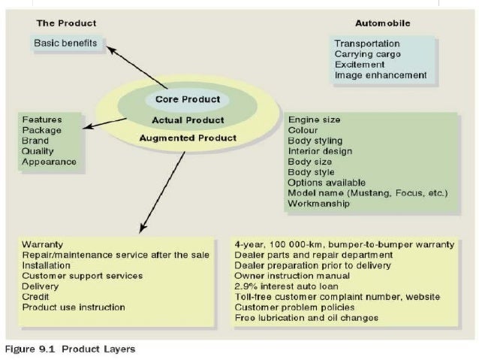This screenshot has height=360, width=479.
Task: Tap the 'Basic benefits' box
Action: click(x=65, y=43)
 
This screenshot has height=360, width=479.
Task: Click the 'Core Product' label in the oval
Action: click(x=188, y=99)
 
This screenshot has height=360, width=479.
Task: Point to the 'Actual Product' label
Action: click(x=188, y=120)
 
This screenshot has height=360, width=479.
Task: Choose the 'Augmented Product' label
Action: click(x=188, y=138)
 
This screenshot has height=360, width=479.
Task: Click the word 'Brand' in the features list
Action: click(x=35, y=141)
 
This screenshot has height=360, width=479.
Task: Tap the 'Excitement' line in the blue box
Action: click(x=360, y=65)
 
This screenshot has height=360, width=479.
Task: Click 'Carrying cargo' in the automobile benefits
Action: click(x=368, y=54)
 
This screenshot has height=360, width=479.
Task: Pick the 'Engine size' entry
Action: click(x=315, y=119)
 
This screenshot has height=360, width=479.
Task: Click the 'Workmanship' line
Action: click(x=319, y=204)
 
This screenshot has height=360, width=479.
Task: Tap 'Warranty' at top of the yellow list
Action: click(x=42, y=244)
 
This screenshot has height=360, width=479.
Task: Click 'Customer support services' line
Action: click(x=82, y=276)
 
